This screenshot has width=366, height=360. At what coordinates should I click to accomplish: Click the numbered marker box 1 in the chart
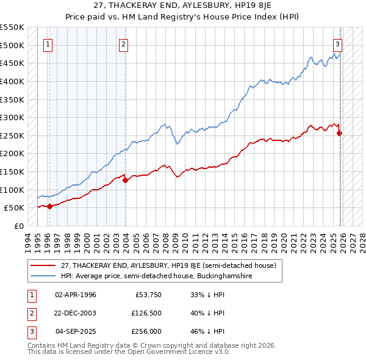[x=48, y=43]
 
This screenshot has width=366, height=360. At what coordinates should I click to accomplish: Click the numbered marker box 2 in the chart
[x=123, y=43]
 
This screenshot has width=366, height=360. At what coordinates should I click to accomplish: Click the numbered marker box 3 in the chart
[x=337, y=43]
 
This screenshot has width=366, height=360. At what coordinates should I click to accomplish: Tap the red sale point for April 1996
[x=49, y=206]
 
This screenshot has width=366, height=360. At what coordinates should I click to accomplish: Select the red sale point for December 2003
[x=124, y=180]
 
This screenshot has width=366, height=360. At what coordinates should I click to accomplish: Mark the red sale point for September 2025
[x=340, y=133]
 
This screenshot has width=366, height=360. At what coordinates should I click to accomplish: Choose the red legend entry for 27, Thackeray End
[x=168, y=265]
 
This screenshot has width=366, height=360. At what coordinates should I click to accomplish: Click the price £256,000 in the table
[x=147, y=332]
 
